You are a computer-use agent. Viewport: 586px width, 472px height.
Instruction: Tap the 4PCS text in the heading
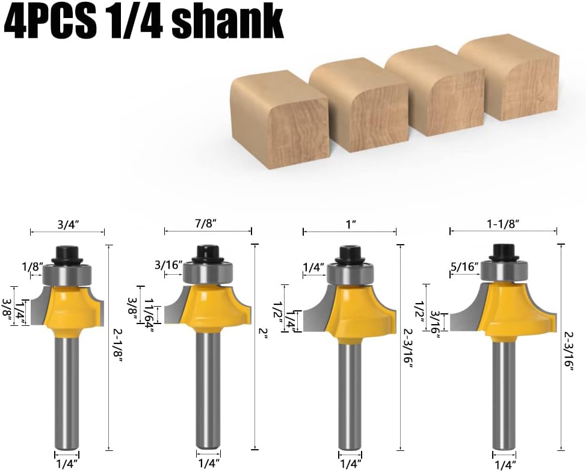(x=49, y=22)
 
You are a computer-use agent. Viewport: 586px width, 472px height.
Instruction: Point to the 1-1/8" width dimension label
(x=503, y=224)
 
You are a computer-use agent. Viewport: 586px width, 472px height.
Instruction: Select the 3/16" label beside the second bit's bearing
(x=168, y=265)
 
